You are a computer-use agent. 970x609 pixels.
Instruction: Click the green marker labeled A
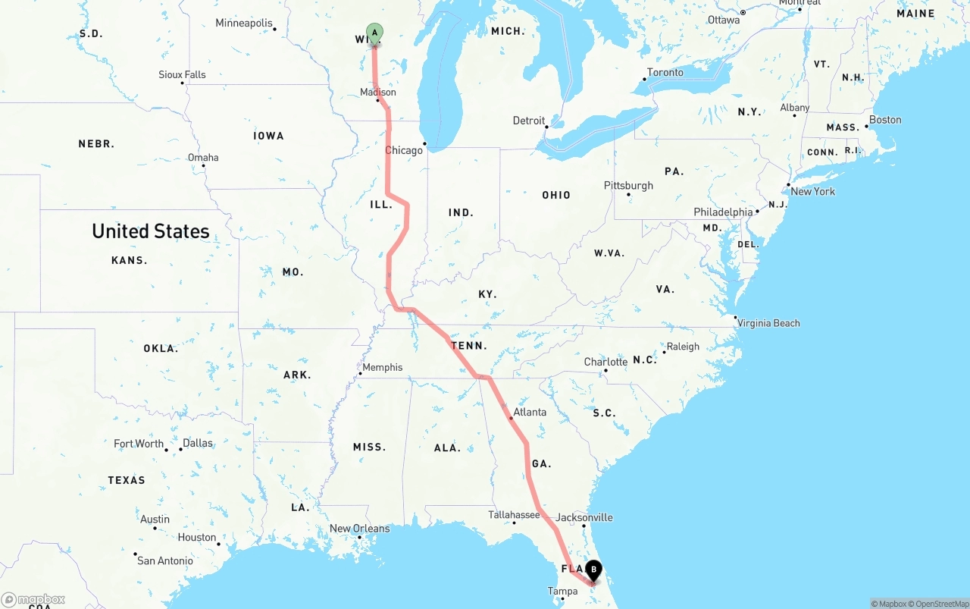374,33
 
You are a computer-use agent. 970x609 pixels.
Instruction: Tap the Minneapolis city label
243,24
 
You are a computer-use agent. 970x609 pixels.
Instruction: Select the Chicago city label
404,150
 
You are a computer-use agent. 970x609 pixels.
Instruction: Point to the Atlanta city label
530,413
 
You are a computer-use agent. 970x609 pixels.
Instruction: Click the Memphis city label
383,367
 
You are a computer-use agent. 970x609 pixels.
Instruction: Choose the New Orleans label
359,529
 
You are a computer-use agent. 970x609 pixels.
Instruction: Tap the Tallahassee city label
514,514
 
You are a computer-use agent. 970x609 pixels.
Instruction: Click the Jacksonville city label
584,517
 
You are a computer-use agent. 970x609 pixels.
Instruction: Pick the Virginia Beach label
768,323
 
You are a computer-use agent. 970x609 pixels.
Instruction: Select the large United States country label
151,231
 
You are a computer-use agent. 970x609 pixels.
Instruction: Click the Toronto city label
665,73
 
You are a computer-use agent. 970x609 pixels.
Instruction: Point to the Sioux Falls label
182,74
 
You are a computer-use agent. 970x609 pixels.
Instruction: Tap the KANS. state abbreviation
129,260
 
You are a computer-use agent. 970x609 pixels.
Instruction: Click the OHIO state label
556,195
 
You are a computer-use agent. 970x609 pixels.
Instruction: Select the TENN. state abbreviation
468,346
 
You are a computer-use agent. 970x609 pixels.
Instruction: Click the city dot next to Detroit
547,127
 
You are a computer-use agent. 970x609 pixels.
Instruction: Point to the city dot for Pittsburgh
628,195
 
